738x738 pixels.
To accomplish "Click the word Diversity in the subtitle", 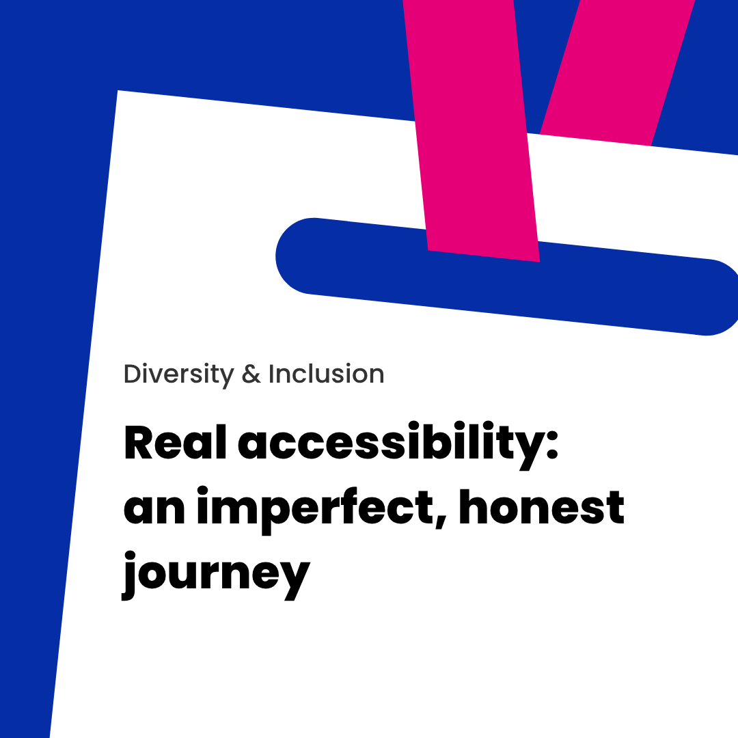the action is (179, 375).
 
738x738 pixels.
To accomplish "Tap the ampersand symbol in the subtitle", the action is (251, 374).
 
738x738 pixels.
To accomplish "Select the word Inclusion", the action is (326, 374).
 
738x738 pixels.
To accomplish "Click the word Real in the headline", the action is (175, 442).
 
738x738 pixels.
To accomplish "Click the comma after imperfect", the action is (441, 521).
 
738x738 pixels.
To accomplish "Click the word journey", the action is (216, 575).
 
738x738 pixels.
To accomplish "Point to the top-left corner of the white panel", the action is (118, 90).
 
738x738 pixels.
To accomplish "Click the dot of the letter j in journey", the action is (130, 556).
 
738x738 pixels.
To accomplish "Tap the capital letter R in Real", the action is (138, 442).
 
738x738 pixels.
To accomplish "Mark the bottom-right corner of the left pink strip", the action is (540, 262).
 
